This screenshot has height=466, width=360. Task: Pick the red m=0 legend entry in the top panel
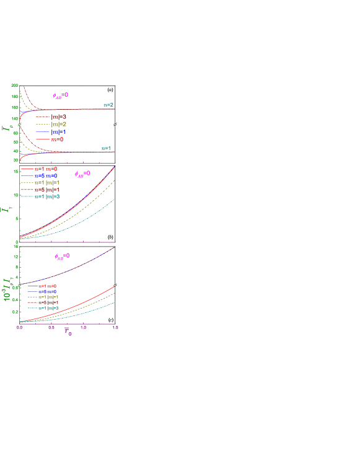point(57,140)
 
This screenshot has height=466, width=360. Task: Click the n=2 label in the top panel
point(108,105)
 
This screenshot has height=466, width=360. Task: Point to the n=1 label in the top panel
point(106,148)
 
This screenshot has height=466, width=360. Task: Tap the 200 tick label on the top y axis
point(14,86)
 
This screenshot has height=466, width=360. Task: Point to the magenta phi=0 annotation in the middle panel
point(82,174)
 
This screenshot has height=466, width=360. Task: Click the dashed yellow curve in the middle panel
point(93,198)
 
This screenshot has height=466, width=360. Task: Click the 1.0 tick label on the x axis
point(84,327)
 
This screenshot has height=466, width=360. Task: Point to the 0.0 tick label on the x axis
point(20,327)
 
